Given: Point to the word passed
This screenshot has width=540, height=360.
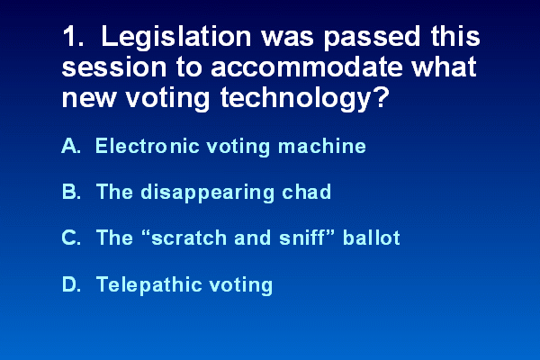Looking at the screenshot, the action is pos(372,38).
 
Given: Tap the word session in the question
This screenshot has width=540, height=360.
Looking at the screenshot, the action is pos(114,67).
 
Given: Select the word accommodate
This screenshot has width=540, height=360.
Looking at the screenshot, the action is pos(307,67).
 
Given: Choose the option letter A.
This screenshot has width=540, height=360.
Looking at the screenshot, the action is pos(71,146).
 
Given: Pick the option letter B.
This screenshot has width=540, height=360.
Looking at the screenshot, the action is pos(72,192).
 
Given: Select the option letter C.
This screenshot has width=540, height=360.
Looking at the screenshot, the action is pos(72,238).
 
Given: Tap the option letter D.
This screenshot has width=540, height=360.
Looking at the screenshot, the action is pos(72,283).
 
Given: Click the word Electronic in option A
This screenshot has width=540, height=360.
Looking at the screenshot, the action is pos(148,146).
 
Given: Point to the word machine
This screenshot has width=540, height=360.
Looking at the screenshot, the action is pos(322,146).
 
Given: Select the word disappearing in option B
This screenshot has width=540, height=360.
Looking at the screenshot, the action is pos(207,193).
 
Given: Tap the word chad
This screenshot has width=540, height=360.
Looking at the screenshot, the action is pos(307,192).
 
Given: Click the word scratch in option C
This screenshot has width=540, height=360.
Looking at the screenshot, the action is pos(189,238).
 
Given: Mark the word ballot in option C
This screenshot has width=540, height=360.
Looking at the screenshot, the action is pos(372,238).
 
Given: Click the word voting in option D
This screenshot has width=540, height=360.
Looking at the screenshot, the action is pos(241,285).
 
